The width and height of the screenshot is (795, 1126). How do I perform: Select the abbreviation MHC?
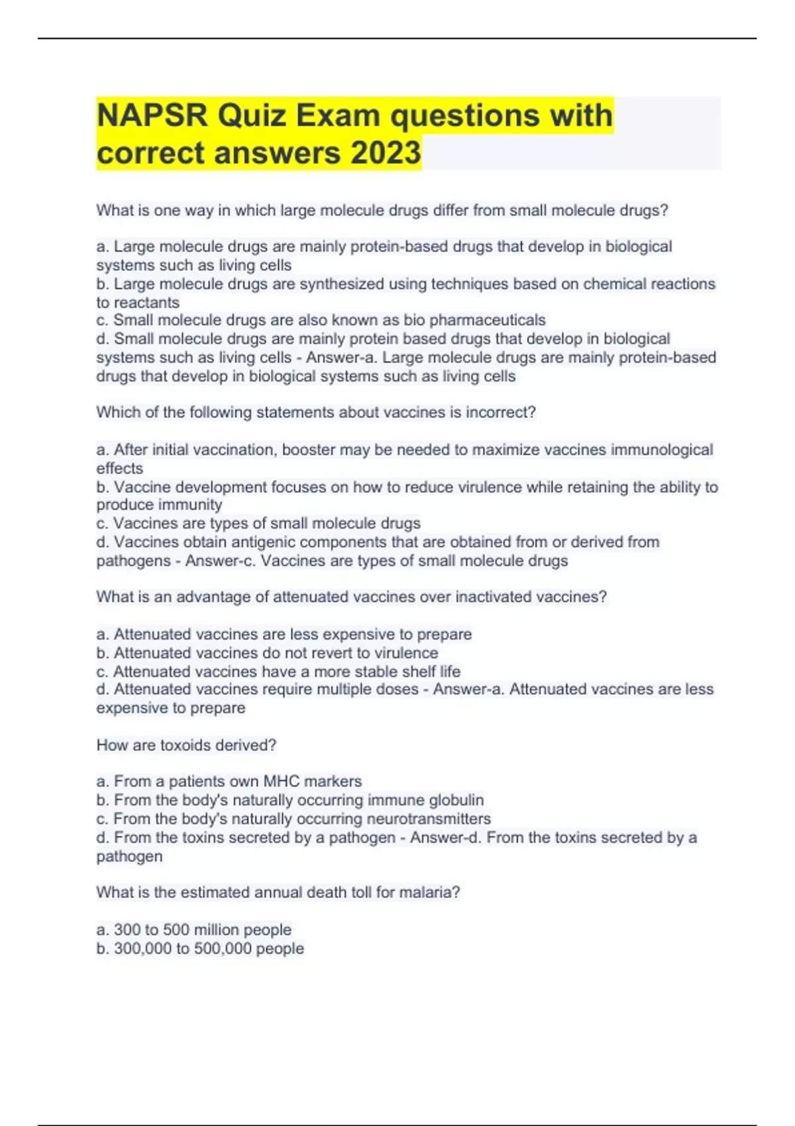tap(281, 782)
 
